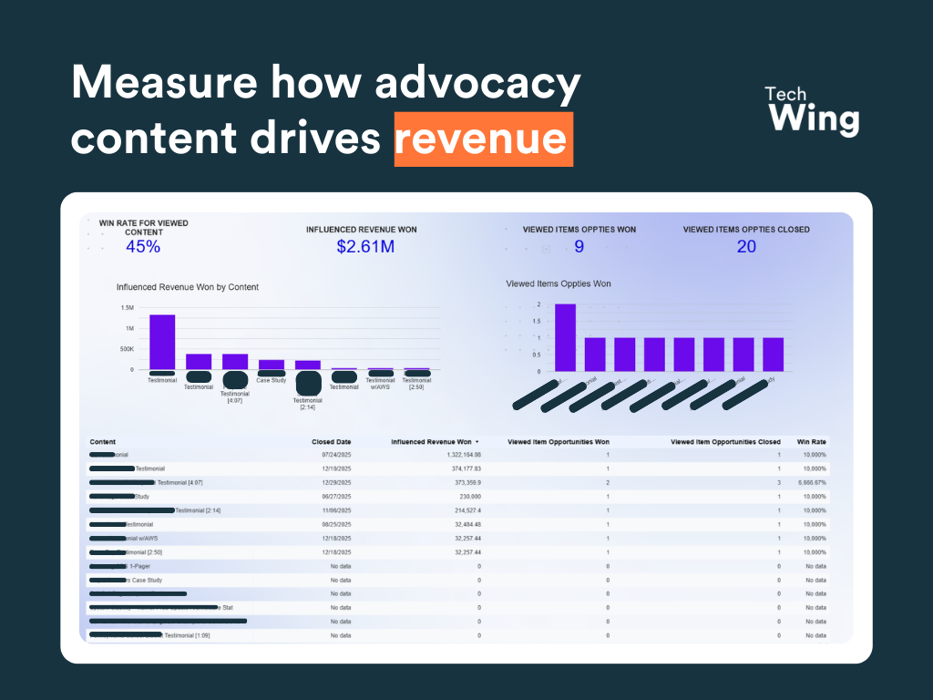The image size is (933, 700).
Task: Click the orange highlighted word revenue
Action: pyautogui.click(x=483, y=139)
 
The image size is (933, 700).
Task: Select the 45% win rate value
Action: pyautogui.click(x=143, y=246)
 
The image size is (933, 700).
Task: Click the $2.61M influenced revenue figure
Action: pyautogui.click(x=364, y=246)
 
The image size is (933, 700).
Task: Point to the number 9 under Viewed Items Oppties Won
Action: pyautogui.click(x=579, y=246)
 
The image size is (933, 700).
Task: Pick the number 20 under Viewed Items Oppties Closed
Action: pyautogui.click(x=746, y=246)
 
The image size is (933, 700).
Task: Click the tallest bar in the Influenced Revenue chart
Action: pyautogui.click(x=162, y=342)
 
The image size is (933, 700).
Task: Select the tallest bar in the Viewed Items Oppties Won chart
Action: pyautogui.click(x=565, y=337)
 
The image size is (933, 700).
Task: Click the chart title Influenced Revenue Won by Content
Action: pyautogui.click(x=188, y=287)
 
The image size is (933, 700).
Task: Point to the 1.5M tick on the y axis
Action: pyautogui.click(x=128, y=308)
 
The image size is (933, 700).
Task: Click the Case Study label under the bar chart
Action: pyautogui.click(x=271, y=380)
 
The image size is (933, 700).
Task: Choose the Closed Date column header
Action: pyautogui.click(x=331, y=442)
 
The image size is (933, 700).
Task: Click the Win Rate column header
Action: pyautogui.click(x=811, y=442)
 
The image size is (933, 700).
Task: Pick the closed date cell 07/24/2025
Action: pyautogui.click(x=336, y=454)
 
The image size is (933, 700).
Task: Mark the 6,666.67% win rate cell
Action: pyautogui.click(x=810, y=482)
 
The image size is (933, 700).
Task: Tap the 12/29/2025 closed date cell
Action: pyautogui.click(x=336, y=482)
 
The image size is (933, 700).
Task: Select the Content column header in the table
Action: pyautogui.click(x=103, y=442)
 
